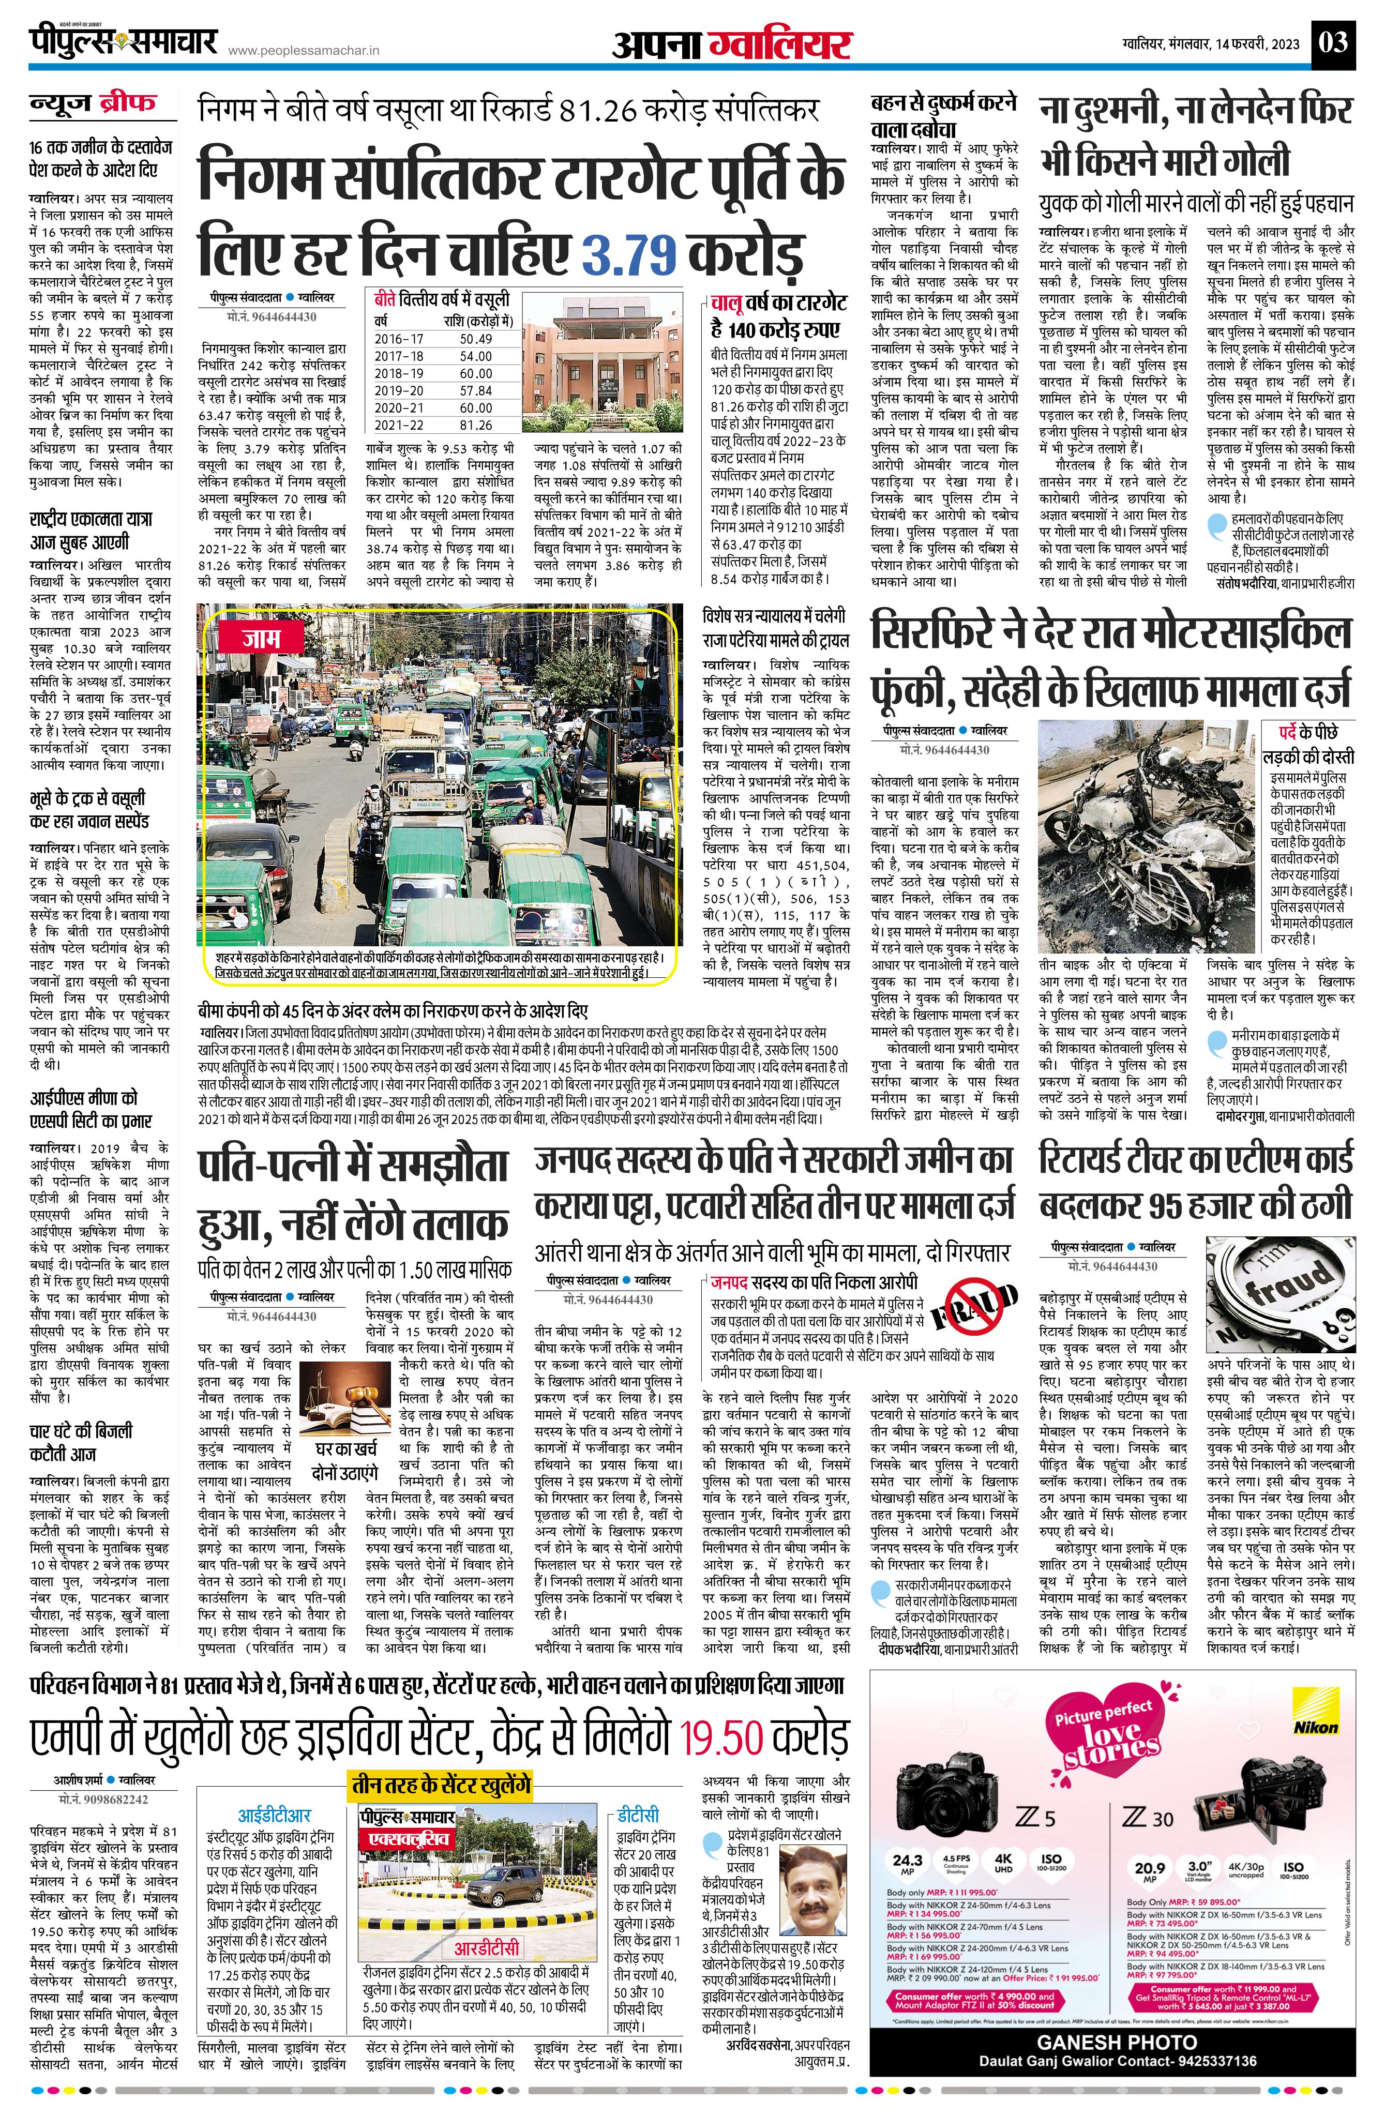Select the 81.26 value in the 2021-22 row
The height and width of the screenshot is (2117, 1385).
(476, 425)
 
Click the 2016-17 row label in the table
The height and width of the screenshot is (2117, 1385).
(399, 339)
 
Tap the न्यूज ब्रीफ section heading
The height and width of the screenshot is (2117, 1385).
(93, 104)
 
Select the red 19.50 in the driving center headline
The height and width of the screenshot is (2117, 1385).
(719, 1738)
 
